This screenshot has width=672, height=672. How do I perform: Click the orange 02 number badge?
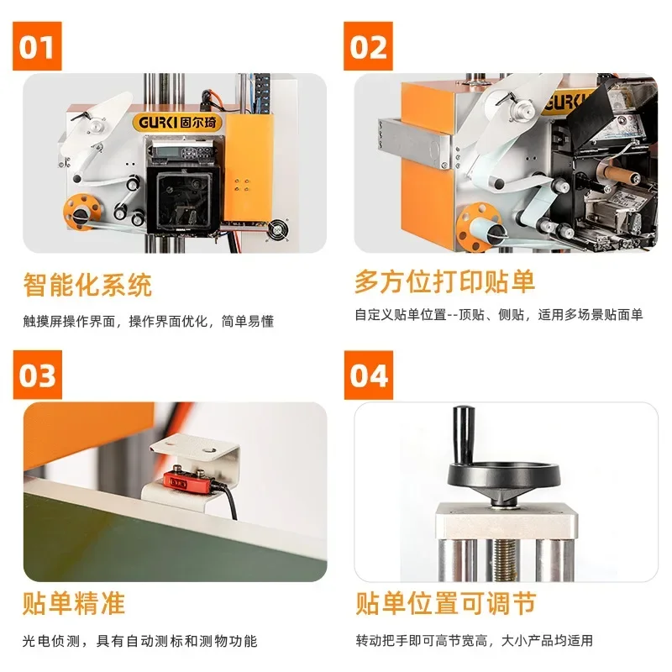[369, 47]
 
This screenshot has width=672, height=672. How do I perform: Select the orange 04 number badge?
[369, 375]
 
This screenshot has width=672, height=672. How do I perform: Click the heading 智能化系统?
[87, 285]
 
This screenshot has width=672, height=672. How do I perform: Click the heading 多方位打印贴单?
[444, 281]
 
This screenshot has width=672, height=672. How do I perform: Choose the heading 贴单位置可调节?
[445, 602]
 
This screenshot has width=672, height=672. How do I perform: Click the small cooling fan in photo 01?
[276, 228]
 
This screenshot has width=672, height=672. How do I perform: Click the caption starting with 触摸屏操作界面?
[148, 321]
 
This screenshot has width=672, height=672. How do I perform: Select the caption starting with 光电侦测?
[139, 640]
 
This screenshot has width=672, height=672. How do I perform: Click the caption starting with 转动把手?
[474, 640]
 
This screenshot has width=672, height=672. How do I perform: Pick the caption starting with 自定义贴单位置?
[498, 315]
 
